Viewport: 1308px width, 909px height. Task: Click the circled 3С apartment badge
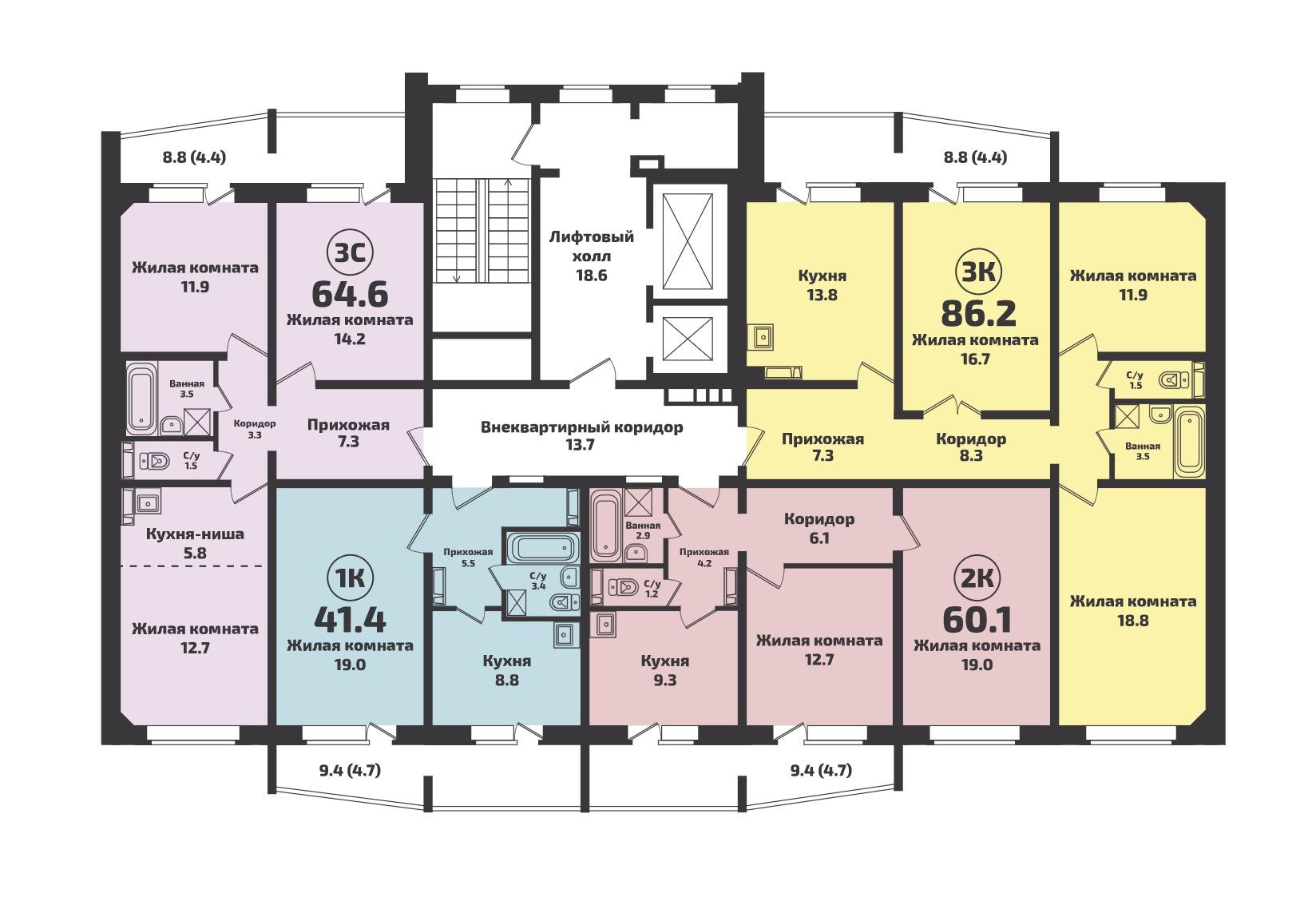(350, 253)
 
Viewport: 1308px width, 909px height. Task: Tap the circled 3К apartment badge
(978, 272)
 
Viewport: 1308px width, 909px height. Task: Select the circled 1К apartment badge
(350, 578)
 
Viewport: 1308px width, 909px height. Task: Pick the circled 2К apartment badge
(977, 578)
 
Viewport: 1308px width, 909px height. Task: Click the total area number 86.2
(979, 313)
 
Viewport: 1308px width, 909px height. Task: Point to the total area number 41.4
(351, 620)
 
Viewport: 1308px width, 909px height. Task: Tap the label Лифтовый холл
(592, 246)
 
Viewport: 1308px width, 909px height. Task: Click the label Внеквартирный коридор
(581, 427)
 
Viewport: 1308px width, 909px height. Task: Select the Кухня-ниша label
(195, 534)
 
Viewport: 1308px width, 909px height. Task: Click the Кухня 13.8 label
(822, 285)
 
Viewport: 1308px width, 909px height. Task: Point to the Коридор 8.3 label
(971, 447)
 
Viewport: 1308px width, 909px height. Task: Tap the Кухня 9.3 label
(665, 670)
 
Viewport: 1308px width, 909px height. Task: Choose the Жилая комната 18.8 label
(1133, 610)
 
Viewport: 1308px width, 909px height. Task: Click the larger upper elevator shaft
(688, 241)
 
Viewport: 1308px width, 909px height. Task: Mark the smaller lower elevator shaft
(688, 339)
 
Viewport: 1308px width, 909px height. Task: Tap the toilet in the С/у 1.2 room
(623, 586)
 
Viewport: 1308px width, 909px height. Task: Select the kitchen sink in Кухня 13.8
(762, 337)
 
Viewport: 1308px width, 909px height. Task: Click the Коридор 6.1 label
(819, 528)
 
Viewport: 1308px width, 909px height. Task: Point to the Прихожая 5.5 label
(468, 558)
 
